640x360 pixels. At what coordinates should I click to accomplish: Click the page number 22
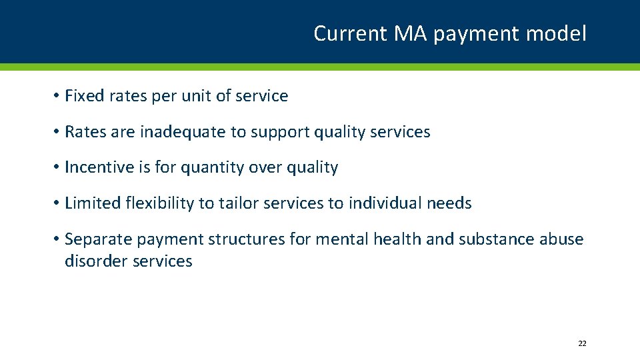tap(582, 343)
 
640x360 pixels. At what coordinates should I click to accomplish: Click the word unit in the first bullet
tap(196, 96)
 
